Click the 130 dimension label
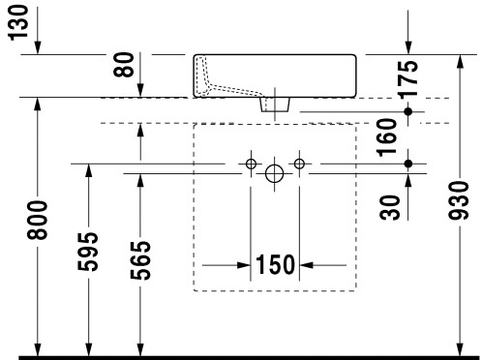pyautogui.click(x=18, y=22)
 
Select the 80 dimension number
pyautogui.click(x=124, y=65)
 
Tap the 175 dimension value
pyautogui.click(x=407, y=79)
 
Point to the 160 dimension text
pyautogui.click(x=387, y=137)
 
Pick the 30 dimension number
pyautogui.click(x=390, y=207)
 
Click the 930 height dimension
pyautogui.click(x=459, y=200)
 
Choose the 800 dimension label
pyautogui.click(x=37, y=221)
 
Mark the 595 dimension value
pyautogui.click(x=87, y=252)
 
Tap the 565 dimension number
pyautogui.click(x=140, y=260)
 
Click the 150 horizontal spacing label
pyautogui.click(x=275, y=264)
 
